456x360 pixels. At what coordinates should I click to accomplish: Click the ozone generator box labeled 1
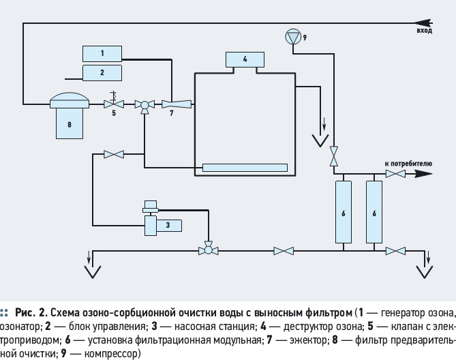click(102, 53)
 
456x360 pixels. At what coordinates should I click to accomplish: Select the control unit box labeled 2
click(102, 73)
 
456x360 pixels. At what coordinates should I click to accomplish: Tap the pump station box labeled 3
click(169, 226)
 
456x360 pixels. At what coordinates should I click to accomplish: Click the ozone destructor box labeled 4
click(245, 59)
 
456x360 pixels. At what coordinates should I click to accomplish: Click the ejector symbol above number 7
click(177, 104)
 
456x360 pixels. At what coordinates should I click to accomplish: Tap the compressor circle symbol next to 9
click(292, 37)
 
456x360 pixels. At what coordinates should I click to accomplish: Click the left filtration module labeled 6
click(344, 212)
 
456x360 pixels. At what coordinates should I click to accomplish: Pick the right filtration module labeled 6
click(374, 212)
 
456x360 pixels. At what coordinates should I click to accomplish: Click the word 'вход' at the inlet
click(424, 31)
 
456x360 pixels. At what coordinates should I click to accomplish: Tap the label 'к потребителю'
click(408, 164)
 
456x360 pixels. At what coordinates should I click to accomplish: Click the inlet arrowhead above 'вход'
click(423, 22)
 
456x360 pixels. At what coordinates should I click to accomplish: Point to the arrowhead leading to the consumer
click(423, 174)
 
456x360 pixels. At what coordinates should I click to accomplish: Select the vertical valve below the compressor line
click(334, 156)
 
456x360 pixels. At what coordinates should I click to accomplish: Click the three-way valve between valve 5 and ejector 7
click(145, 106)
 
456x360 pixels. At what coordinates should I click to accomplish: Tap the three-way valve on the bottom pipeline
click(208, 249)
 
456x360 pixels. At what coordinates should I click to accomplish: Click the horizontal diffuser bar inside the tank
click(245, 168)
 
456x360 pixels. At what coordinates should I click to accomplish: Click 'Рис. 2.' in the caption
click(31, 313)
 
